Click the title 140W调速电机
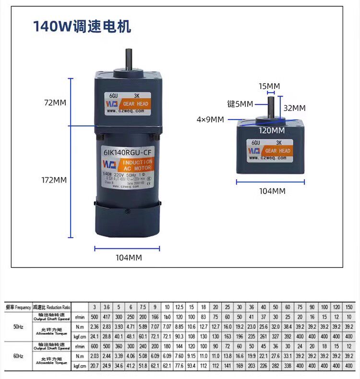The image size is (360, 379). (82, 26)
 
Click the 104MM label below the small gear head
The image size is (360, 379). (272, 191)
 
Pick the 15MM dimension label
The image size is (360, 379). (269, 86)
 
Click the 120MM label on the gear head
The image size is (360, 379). (272, 130)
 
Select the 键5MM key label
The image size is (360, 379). (240, 104)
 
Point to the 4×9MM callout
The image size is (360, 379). (210, 120)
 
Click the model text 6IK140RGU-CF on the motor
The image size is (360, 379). (126, 153)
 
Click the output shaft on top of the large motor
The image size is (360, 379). (130, 60)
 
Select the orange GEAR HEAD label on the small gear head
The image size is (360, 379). (277, 151)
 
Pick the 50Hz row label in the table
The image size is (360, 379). (18, 326)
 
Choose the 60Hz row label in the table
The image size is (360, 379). (18, 356)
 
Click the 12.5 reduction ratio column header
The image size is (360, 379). (180, 307)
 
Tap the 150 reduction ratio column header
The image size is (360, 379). (349, 307)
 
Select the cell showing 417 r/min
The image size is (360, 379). (106, 317)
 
